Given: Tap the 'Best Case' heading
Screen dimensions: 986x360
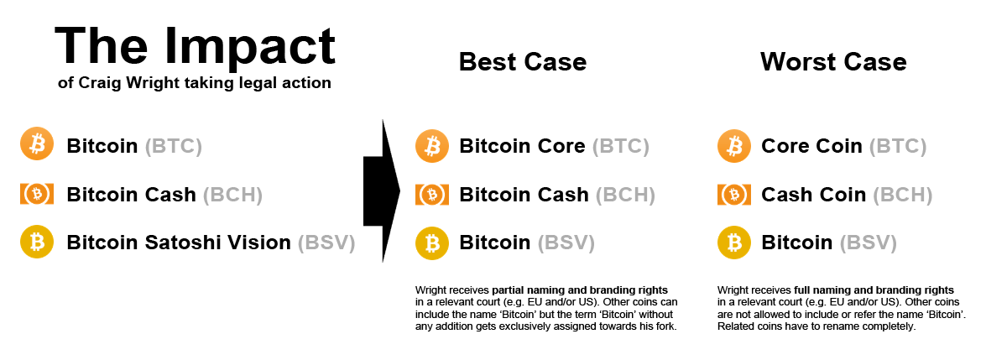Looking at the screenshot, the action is [x=523, y=62].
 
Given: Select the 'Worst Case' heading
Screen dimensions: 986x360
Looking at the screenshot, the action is [x=833, y=62].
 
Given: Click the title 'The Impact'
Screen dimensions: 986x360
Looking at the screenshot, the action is [x=195, y=45].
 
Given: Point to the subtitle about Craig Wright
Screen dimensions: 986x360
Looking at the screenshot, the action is [x=195, y=82].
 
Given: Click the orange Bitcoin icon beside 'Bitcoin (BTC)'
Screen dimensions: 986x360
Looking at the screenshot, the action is [x=37, y=145].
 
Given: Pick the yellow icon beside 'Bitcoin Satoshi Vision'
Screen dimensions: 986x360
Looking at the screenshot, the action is [x=37, y=243].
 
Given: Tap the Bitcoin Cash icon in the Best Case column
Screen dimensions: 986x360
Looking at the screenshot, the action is [x=432, y=195].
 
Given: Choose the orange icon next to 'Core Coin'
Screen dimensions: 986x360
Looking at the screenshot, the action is [x=734, y=145].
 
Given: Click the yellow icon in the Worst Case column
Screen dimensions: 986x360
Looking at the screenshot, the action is [x=734, y=243].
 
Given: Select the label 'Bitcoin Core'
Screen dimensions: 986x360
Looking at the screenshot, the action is [x=522, y=146].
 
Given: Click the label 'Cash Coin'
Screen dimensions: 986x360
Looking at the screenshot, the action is [x=813, y=195].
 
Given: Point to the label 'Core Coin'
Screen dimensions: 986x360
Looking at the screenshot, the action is [x=811, y=146].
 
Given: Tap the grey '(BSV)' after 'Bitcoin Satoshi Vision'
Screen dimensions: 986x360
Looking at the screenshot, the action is [x=326, y=243].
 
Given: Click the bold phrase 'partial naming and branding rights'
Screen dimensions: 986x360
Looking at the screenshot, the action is [x=580, y=290].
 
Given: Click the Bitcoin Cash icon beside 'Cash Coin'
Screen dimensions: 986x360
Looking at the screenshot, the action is [x=734, y=195].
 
